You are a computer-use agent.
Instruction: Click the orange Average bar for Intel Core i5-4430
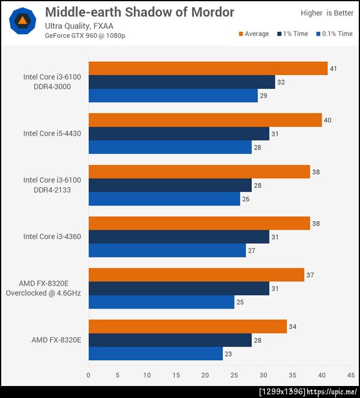(x=205, y=120)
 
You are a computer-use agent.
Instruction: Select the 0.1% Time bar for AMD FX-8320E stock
(x=155, y=354)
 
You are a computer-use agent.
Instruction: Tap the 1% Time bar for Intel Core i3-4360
(x=179, y=237)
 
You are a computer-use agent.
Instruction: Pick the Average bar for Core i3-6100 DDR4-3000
(x=208, y=68)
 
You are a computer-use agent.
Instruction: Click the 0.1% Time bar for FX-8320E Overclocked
(x=161, y=302)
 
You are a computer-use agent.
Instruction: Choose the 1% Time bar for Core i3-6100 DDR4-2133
(x=170, y=185)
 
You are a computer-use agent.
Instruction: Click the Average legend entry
(x=254, y=34)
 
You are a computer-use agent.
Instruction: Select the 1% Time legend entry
(x=292, y=34)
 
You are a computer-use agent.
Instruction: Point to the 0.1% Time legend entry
(x=334, y=34)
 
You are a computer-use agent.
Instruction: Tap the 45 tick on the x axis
(x=350, y=376)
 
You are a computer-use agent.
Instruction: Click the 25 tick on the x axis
(x=234, y=376)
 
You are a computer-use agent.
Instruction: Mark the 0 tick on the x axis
(x=89, y=376)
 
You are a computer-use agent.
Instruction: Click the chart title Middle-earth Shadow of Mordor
(x=139, y=13)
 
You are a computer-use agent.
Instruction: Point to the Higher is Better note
(x=326, y=13)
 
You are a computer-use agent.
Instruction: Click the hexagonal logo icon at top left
(x=22, y=21)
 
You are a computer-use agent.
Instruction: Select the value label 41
(x=333, y=69)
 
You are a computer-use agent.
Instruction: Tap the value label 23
(x=228, y=354)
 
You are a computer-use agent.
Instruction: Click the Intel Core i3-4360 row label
(x=52, y=237)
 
